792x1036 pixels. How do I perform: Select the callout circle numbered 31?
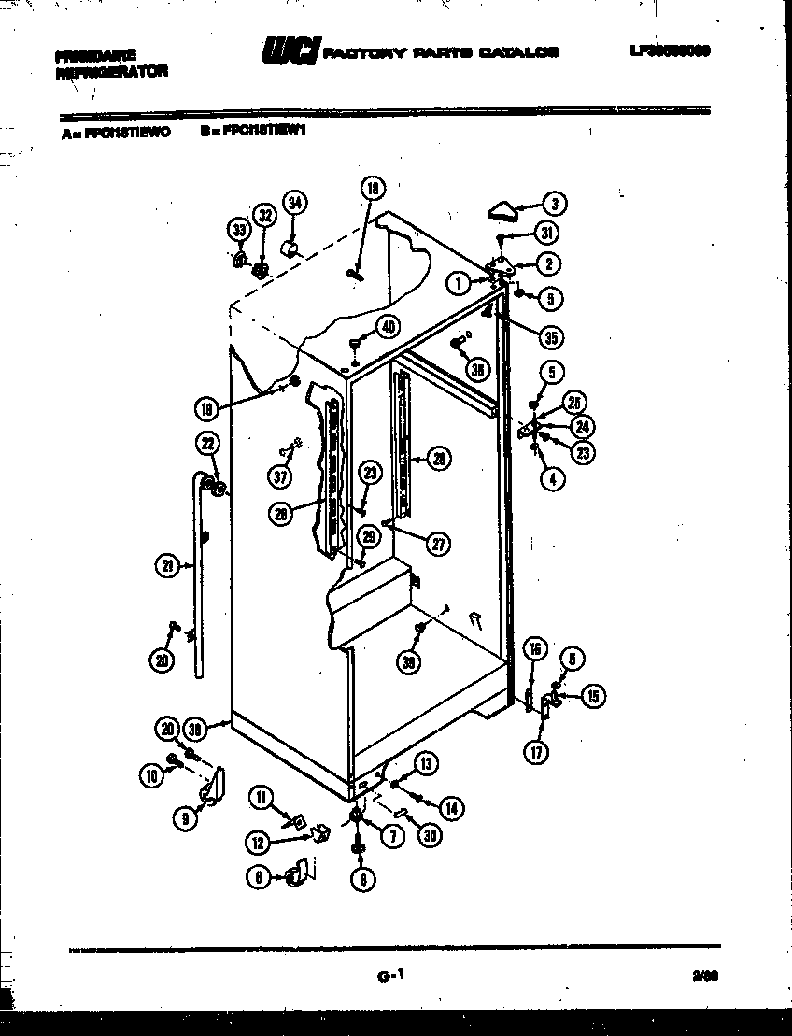coord(546,234)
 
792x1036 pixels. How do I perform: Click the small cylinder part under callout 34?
coord(290,248)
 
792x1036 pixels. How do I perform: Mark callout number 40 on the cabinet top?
coord(388,326)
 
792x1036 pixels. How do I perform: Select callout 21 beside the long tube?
coord(167,564)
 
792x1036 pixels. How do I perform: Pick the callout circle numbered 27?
coord(437,543)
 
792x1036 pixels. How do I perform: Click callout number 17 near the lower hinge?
coord(536,750)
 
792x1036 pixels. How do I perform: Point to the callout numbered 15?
coord(594,695)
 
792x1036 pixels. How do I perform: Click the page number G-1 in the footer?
coord(390,977)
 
